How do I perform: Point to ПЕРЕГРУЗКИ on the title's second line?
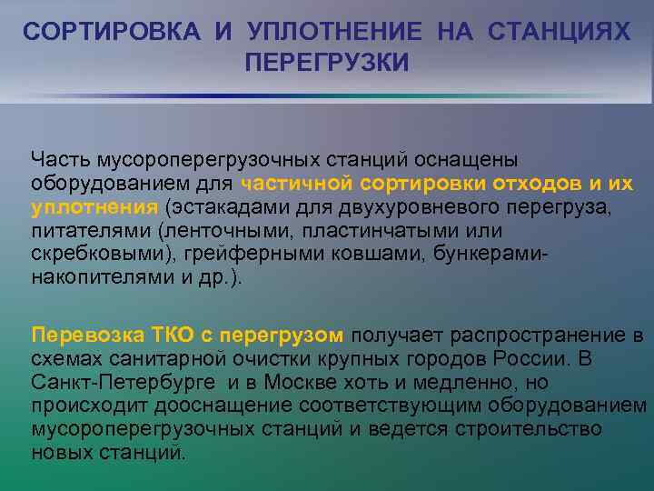click(327, 63)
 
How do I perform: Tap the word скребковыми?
click(85, 254)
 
